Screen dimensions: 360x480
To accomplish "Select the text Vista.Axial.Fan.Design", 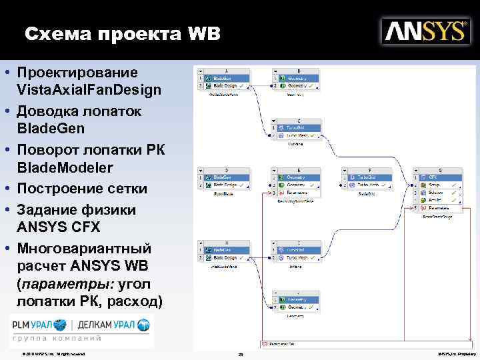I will coord(89,90).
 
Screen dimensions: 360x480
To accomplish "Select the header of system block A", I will coord(227,70).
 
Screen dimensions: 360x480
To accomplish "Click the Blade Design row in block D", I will coord(227,185).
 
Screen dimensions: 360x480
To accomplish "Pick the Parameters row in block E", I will coord(300,193).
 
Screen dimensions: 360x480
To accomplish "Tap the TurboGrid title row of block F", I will coord(373,177).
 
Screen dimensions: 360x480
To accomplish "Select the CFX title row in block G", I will coord(441,177).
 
